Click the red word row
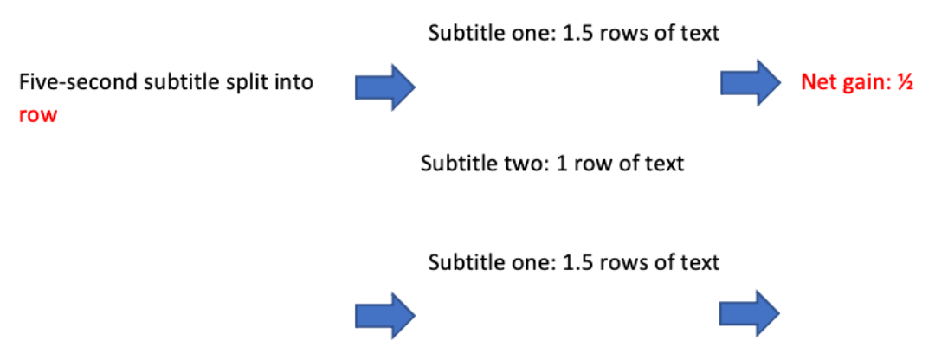pos(37,115)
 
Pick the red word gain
pos(861,83)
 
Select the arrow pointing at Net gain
pos(751,83)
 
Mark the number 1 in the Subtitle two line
pos(543,163)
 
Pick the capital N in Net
pos(809,83)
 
